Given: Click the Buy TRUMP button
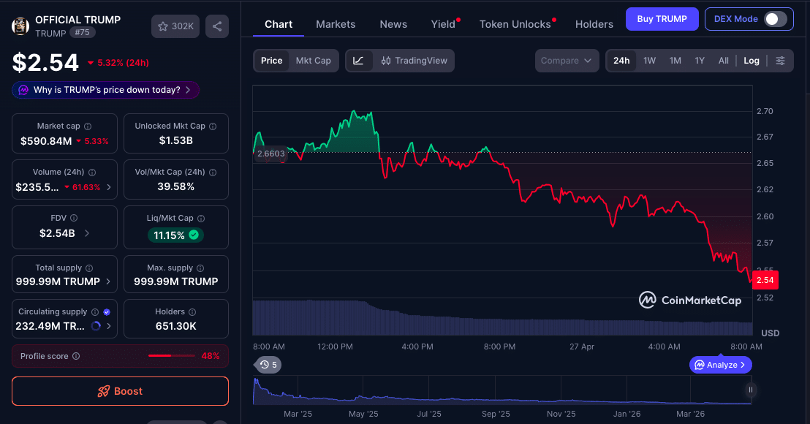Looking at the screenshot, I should tap(662, 19).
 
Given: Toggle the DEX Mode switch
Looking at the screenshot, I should tap(775, 19).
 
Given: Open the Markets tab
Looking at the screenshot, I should tap(336, 24).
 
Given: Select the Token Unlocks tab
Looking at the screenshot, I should tap(515, 24).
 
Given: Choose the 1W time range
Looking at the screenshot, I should tap(649, 61).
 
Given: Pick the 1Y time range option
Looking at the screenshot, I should tap(700, 61).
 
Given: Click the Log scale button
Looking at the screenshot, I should tap(752, 61).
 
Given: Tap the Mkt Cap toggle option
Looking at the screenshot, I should tap(313, 61).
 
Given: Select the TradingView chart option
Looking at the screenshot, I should tap(415, 61).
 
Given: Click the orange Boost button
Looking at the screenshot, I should tap(120, 391).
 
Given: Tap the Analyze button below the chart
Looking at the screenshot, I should tap(720, 365).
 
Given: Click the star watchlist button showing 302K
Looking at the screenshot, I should tap(175, 26).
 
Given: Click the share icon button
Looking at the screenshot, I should tap(217, 26).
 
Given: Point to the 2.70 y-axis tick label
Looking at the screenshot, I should tap(765, 111).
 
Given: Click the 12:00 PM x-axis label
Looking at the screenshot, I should tap(336, 347).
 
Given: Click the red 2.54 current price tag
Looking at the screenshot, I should tap(765, 280).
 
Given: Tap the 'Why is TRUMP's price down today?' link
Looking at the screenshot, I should tap(106, 90).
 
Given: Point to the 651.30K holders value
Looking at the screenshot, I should tap(175, 326).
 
